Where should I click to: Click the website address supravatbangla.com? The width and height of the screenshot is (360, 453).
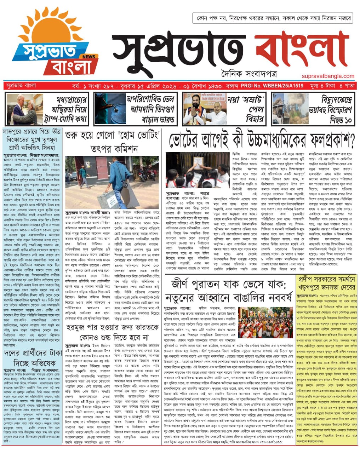pyautogui.click(x=328, y=76)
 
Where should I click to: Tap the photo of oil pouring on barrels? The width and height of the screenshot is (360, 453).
pyautogui.click(x=110, y=109)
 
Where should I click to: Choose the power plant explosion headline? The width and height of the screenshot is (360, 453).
pyautogui.click(x=329, y=109)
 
